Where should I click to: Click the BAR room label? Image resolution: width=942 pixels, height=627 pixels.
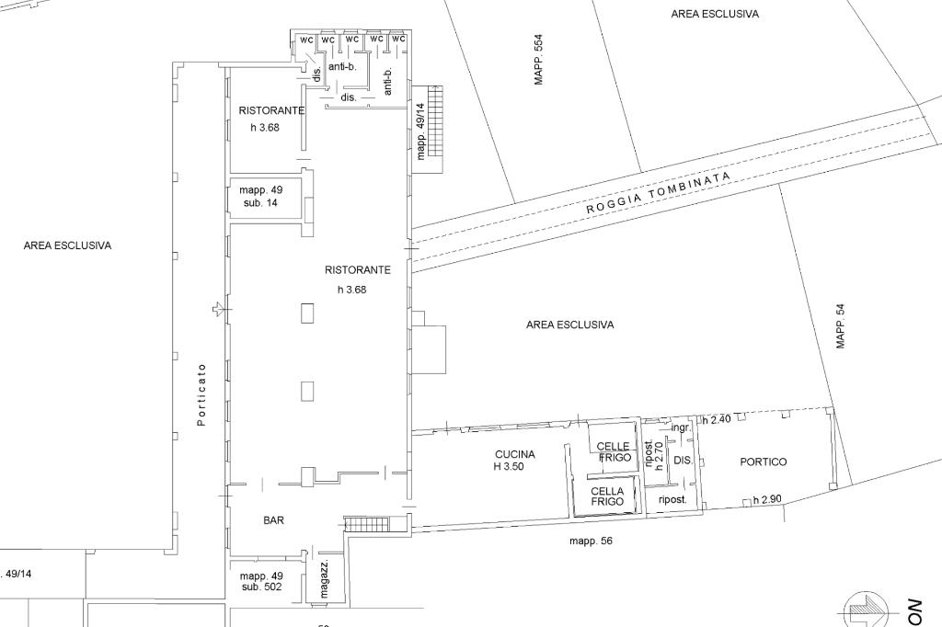[x=273, y=520]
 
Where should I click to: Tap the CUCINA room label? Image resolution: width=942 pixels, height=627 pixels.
[x=514, y=454]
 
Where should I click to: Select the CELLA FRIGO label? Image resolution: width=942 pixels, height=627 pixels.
[x=607, y=496]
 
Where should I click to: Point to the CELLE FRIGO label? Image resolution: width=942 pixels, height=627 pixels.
[x=613, y=451]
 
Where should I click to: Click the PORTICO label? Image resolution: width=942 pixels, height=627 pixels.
[x=764, y=462]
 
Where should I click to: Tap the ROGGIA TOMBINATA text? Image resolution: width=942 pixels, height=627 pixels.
[x=659, y=193]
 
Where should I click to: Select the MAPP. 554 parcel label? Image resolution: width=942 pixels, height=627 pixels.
[x=539, y=61]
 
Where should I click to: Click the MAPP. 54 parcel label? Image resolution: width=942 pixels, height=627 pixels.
[x=840, y=327]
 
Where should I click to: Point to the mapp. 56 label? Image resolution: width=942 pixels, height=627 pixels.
[x=591, y=541]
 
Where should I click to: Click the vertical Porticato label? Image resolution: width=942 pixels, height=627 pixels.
[x=201, y=395]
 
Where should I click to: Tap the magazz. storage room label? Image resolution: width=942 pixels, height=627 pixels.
[x=325, y=579]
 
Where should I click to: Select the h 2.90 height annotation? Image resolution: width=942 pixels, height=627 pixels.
[x=767, y=500]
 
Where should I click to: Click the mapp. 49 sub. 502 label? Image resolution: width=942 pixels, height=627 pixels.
[x=261, y=581]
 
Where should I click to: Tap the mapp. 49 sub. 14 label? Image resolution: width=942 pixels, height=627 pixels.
[x=259, y=196]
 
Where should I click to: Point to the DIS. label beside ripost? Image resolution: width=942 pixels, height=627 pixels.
[x=683, y=460]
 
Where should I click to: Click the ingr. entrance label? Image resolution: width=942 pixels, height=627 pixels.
[x=681, y=427]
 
